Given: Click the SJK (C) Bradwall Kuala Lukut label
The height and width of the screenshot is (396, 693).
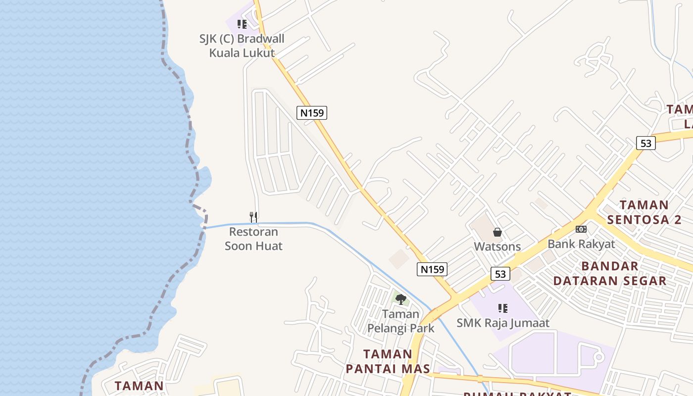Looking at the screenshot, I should click(242, 46).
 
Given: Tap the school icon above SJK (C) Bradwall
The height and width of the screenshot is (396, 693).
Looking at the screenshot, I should click(242, 24).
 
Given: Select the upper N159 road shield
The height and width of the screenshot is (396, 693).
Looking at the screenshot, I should click(312, 113).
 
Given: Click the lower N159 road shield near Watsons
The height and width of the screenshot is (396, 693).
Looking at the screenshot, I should click(432, 269).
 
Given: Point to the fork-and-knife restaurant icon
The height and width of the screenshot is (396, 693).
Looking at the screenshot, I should click(253, 217).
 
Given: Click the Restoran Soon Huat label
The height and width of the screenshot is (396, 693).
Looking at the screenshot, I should click(253, 239).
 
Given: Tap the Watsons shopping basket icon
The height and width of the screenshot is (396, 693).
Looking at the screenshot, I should click(497, 232).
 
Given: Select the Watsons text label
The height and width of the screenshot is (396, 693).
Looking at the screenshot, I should click(497, 247).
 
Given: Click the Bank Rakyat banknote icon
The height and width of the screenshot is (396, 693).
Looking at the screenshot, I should click(581, 229).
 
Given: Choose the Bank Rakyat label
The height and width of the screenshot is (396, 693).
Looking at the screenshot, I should click(581, 244).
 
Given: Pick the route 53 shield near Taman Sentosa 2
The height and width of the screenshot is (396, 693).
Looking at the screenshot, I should click(646, 143).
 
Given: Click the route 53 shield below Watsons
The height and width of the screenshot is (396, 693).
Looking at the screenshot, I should click(500, 274).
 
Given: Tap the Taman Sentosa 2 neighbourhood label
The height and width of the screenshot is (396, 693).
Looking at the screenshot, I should click(644, 212).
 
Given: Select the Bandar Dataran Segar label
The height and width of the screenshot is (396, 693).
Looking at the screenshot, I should click(610, 273).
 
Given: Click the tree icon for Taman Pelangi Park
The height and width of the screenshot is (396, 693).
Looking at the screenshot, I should click(401, 299).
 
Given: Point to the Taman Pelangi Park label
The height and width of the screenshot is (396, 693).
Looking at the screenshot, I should click(401, 321).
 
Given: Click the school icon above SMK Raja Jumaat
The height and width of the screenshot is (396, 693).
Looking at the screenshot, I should click(503, 309).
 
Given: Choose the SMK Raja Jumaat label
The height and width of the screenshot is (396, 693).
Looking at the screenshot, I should click(503, 323).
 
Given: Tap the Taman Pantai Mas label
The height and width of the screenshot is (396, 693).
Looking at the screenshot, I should click(387, 361).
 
